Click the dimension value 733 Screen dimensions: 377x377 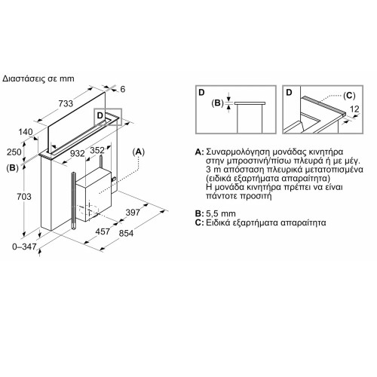click(x=66, y=103)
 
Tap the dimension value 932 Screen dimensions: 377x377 click(x=77, y=153)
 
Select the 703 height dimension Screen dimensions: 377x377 click(x=24, y=196)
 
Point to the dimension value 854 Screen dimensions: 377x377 click(x=126, y=233)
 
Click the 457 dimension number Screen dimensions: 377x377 click(x=103, y=231)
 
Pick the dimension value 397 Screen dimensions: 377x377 click(x=133, y=213)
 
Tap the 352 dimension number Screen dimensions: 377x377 click(x=97, y=150)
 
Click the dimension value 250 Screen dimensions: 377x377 click(x=14, y=152)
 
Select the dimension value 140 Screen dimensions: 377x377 click(x=26, y=132)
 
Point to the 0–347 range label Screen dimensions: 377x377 click(x=24, y=247)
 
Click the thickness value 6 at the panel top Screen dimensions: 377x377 click(x=122, y=89)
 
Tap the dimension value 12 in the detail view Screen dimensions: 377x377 click(x=354, y=109)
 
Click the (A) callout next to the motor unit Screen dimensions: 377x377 click(x=139, y=152)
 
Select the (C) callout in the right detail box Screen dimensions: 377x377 click(x=349, y=96)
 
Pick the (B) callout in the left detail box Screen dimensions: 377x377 click(x=217, y=103)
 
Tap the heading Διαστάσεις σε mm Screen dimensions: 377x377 click(x=38, y=78)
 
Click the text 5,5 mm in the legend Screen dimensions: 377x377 click(x=221, y=214)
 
